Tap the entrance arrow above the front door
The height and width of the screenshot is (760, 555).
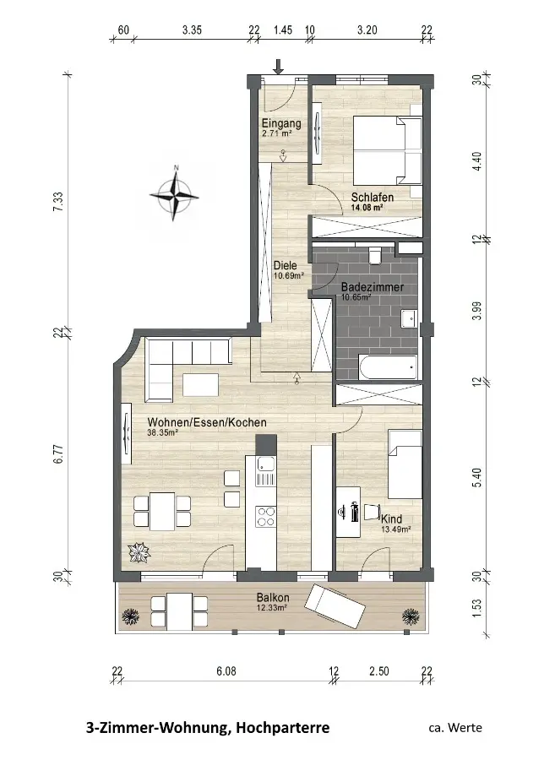278,67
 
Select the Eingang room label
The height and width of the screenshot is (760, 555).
281,123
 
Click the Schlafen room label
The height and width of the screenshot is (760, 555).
373,198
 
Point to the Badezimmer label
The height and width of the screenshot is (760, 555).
373,287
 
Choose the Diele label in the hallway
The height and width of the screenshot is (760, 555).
285,266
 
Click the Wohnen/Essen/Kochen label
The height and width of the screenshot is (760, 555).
207,422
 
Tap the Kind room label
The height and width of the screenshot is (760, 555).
392,519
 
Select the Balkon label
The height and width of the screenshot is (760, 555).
273,598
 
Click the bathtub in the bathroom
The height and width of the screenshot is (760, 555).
387,368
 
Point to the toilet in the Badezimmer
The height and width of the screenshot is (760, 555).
375,255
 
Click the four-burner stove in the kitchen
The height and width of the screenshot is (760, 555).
265,516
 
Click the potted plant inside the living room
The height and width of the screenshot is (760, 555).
139,553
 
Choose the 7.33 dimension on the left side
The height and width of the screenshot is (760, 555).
58,202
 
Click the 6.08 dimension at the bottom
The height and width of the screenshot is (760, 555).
226,671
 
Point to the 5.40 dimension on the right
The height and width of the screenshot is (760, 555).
477,477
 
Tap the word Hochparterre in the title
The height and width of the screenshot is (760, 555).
283,728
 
